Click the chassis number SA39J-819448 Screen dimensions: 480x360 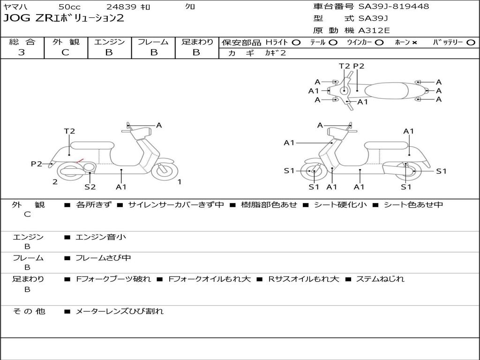click(394, 6)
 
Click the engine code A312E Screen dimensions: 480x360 click(374, 30)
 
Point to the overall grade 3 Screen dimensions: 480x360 click(22, 52)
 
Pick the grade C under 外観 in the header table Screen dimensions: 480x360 click(65, 52)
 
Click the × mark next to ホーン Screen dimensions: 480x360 click(414, 43)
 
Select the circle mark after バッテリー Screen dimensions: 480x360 click(471, 42)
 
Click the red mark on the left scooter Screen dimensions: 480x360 click(80, 161)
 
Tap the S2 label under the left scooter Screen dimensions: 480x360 click(90, 187)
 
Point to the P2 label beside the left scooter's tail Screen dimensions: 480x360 click(36, 164)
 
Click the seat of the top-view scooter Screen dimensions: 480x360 click(386, 90)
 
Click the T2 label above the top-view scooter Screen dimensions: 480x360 click(345, 66)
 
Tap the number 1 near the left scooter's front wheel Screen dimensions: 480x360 click(180, 182)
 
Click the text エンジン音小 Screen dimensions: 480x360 click(101, 237)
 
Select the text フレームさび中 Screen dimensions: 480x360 click(103, 258)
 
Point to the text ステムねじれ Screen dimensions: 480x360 click(380, 279)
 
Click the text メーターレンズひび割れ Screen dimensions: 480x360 click(120, 311)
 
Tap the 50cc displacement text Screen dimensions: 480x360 click(69, 7)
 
